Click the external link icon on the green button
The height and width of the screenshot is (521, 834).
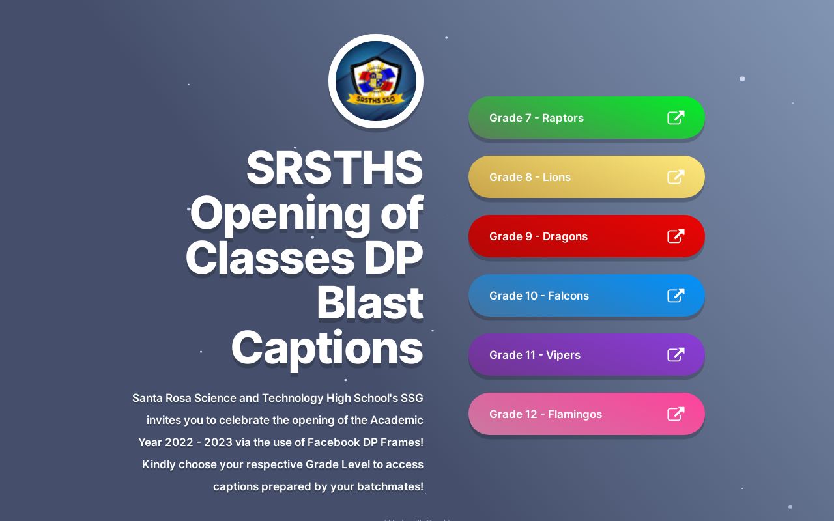676,118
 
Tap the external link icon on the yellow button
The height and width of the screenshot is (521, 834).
676,177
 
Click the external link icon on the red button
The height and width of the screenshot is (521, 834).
676,236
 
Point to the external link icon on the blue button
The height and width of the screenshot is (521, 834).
676,296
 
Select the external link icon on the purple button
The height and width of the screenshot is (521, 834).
676,355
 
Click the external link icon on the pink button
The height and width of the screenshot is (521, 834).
676,414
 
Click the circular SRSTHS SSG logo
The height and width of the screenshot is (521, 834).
376,81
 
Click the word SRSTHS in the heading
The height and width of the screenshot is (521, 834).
334,168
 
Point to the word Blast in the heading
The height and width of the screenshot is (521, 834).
369,303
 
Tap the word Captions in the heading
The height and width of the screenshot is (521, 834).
327,348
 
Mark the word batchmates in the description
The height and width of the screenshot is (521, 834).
389,486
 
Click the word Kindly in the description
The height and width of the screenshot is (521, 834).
159,464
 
